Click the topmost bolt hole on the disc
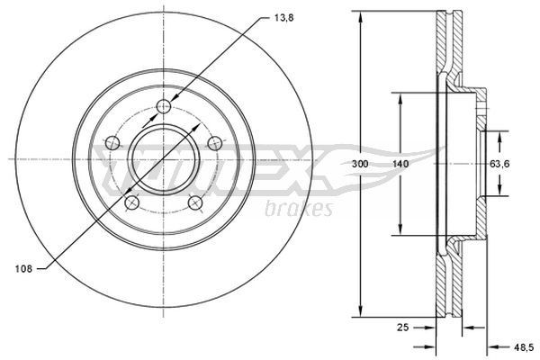163,109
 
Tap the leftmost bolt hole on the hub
112,142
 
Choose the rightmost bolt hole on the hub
214,142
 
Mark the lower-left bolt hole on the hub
131,202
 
